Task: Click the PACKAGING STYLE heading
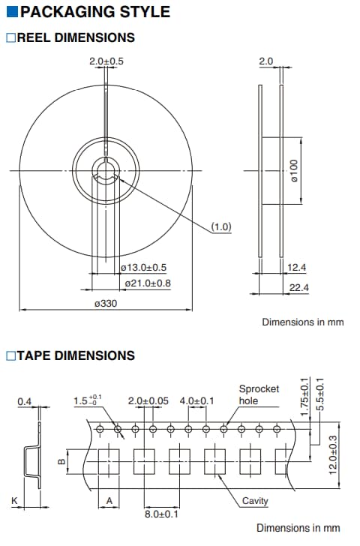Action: click(x=95, y=12)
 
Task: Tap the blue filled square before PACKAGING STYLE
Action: click(x=12, y=12)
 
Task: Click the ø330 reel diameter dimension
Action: click(x=106, y=303)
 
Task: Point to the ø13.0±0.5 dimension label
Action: click(x=143, y=268)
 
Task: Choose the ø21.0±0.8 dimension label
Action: click(x=148, y=283)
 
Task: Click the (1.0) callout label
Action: click(x=221, y=226)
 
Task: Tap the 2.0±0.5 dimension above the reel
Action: click(x=106, y=61)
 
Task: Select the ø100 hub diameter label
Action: click(x=294, y=171)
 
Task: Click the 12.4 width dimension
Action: click(x=297, y=268)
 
